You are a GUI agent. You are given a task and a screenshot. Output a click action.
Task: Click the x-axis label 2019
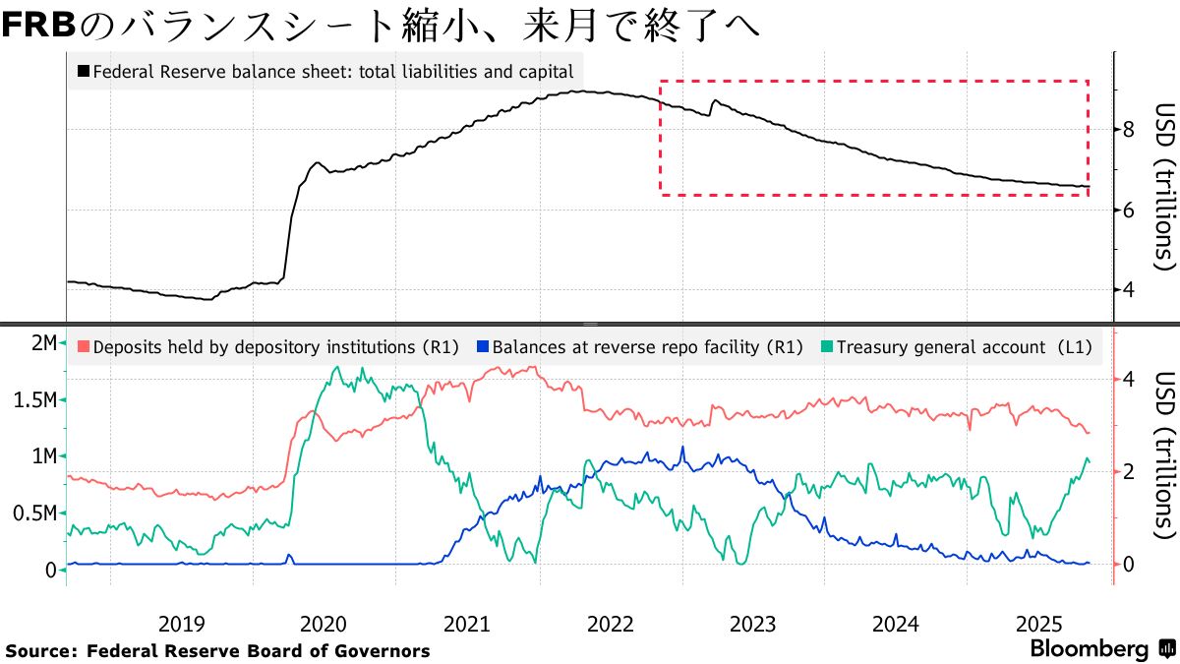(x=181, y=624)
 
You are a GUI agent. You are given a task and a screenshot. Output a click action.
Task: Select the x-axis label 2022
(x=610, y=624)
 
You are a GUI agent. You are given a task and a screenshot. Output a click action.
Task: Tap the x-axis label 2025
(x=1037, y=624)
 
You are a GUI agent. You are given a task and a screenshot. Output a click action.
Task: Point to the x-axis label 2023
(x=752, y=624)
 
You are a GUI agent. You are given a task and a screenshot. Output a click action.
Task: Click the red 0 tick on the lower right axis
(x=1129, y=564)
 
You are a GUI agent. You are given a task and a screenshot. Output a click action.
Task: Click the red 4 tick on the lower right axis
(x=1129, y=380)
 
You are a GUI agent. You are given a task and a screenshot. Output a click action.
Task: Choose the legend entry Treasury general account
(x=955, y=346)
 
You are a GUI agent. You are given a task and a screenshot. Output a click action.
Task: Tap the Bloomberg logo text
(x=1089, y=649)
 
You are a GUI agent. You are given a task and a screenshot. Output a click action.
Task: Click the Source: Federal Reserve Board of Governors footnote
(x=217, y=651)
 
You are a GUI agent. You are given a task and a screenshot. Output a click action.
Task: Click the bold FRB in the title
(x=38, y=25)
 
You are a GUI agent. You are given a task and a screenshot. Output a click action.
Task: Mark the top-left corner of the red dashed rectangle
(x=660, y=81)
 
